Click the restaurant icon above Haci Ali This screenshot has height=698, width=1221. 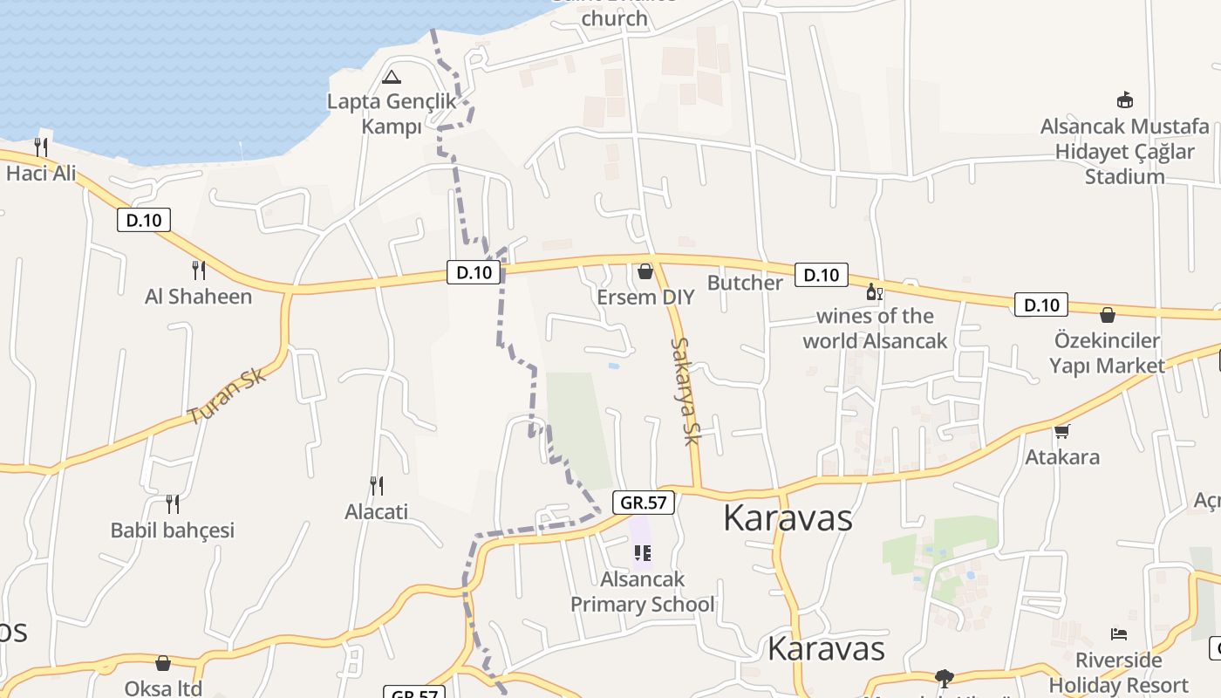[40, 146]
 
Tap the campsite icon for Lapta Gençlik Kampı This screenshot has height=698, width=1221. [392, 77]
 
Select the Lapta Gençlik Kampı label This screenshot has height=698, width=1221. [392, 114]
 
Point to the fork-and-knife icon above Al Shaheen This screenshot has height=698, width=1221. [199, 270]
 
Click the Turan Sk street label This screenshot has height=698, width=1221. [226, 396]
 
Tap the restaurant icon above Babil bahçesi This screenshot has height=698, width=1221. [173, 503]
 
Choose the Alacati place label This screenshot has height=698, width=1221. [377, 511]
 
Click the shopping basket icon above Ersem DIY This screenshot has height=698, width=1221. [645, 271]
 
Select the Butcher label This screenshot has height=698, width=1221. [745, 283]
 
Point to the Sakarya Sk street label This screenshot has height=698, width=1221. [686, 391]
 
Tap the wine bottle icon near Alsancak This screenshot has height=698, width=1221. [873, 291]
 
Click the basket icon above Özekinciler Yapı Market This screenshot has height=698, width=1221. [1108, 314]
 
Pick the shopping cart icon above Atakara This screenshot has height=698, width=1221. [1061, 431]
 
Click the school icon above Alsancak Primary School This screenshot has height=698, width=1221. [643, 552]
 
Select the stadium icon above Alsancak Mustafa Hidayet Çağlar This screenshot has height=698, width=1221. [1125, 99]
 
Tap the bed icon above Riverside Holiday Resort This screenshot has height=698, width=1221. [1119, 633]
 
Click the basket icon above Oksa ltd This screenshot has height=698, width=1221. [163, 663]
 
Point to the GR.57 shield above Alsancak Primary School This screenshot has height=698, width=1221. [645, 503]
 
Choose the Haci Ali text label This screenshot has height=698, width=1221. [41, 173]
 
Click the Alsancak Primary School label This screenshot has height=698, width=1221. [643, 592]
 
